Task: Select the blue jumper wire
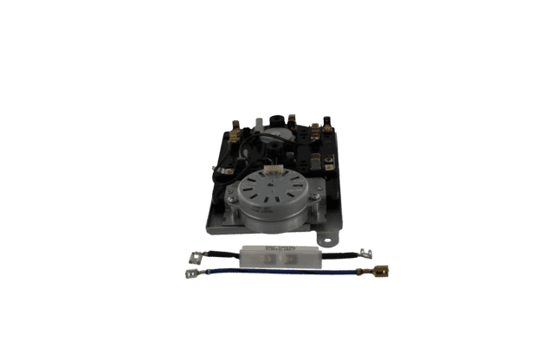click(x=277, y=273)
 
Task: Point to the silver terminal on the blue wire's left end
click(x=192, y=274)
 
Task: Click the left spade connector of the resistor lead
click(x=196, y=256)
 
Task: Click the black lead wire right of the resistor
click(x=333, y=255)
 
